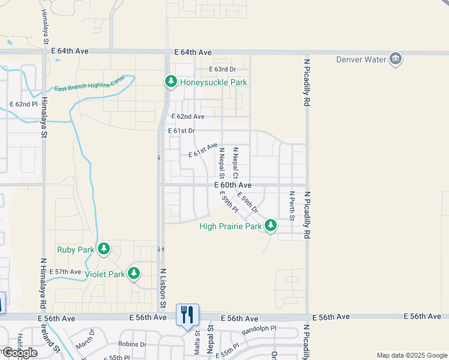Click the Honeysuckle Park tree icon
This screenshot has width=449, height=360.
click(x=171, y=81)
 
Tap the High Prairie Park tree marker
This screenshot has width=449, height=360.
click(x=271, y=226)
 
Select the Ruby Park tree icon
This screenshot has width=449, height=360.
click(x=104, y=248)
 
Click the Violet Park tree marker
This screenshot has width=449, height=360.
click(x=134, y=274)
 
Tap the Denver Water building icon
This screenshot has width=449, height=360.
click(x=395, y=59)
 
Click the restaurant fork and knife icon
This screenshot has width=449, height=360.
click(x=187, y=313)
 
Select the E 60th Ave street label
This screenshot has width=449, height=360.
click(x=233, y=185)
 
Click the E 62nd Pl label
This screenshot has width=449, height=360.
click(x=23, y=104)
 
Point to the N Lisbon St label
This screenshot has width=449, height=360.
click(x=163, y=288)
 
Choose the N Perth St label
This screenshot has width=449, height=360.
click(x=292, y=206)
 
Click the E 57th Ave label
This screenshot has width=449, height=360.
click(x=65, y=272)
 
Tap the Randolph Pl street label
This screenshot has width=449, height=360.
click(x=259, y=329)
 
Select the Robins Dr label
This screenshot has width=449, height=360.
click(x=132, y=344)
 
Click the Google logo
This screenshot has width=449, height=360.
click(x=20, y=353)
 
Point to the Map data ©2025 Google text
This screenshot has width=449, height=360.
click(x=411, y=355)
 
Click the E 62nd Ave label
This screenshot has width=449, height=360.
click(x=188, y=116)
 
